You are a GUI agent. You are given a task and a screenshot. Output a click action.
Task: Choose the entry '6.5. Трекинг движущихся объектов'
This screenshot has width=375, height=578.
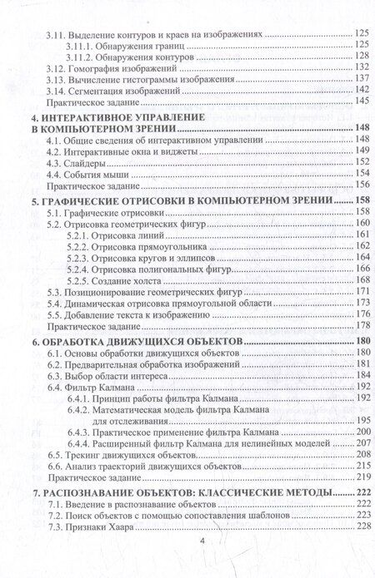coord(122,457)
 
